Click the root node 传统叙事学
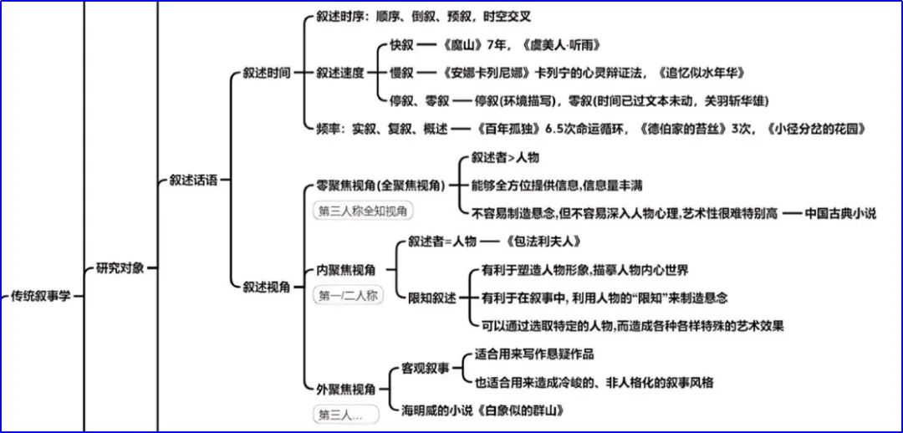pyautogui.click(x=42, y=296)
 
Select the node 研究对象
pyautogui.click(x=120, y=268)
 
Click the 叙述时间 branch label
pyautogui.click(x=267, y=73)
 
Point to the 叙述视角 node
pyautogui.click(x=267, y=287)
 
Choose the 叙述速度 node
pyautogui.click(x=340, y=73)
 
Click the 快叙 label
pyautogui.click(x=401, y=45)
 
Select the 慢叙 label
pyautogui.click(x=401, y=73)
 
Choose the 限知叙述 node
pyautogui.click(x=432, y=298)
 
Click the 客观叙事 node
pyautogui.click(x=426, y=368)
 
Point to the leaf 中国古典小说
pyautogui.click(x=840, y=213)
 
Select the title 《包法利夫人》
pyautogui.click(x=543, y=242)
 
